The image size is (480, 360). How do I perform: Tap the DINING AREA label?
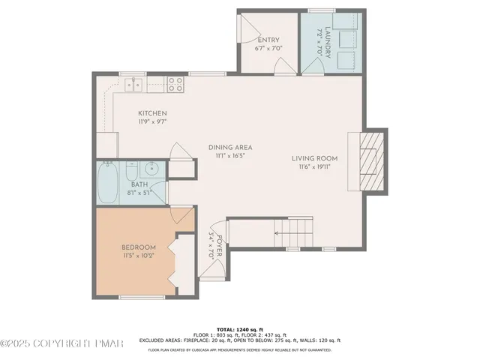pos(229,147)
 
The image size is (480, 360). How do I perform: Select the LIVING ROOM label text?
pos(315,158)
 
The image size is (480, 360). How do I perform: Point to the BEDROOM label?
pos(139,247)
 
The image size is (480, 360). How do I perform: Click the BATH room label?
pos(139,184)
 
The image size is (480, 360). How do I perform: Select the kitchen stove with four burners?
pos(175,85)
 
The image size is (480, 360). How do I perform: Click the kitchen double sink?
pos(135,85)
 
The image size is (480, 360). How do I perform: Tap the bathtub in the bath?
pos(106,184)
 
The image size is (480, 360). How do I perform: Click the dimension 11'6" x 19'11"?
pos(315,167)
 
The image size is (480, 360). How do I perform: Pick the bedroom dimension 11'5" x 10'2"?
pos(139,256)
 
